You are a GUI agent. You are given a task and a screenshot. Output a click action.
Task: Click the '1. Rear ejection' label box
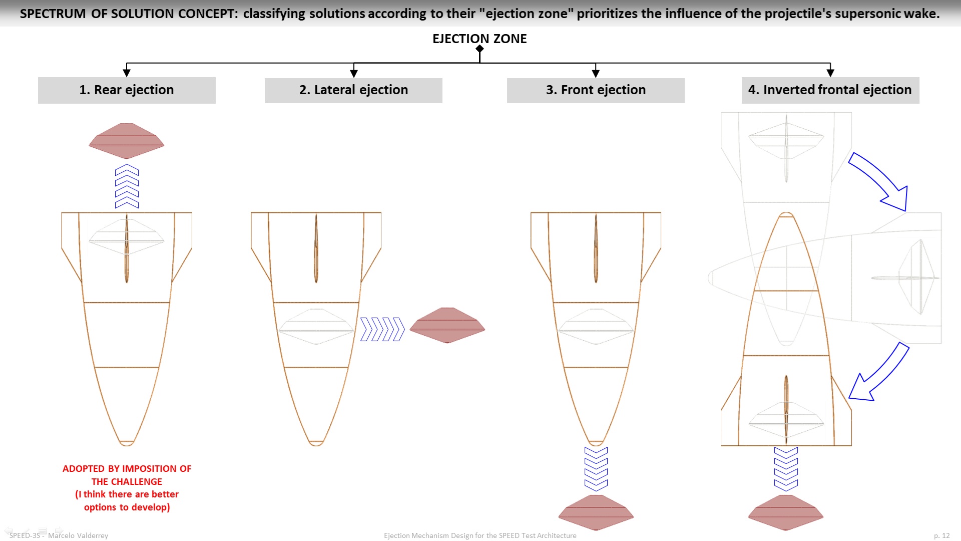point(127,90)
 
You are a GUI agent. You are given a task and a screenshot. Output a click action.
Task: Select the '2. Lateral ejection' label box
point(353,90)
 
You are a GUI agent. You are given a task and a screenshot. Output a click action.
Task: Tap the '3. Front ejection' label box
point(596,90)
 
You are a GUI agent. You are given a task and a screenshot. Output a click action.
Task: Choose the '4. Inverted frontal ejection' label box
point(830,90)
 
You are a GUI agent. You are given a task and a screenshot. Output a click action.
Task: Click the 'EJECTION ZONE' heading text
point(479,39)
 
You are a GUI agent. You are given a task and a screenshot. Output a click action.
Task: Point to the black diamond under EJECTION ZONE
point(479,49)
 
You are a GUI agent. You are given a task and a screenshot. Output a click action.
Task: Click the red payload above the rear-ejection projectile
point(127,141)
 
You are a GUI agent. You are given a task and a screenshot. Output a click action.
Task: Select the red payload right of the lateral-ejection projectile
point(447,325)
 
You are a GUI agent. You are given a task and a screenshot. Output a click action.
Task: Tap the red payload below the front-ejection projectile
point(596,512)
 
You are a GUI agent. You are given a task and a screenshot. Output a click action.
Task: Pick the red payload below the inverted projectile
point(786,512)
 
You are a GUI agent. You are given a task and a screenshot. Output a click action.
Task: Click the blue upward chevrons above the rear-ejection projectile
point(127,186)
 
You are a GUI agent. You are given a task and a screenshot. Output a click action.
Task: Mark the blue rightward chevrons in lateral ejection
point(382,329)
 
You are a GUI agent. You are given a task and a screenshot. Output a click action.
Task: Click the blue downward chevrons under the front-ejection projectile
point(596,469)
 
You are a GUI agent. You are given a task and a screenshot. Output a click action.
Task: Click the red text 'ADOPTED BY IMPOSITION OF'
point(127,469)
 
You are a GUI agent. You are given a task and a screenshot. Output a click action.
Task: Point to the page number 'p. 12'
point(941,535)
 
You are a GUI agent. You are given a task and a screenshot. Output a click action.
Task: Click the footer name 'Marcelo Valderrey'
point(78,535)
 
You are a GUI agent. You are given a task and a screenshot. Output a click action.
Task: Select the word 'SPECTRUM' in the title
point(53,14)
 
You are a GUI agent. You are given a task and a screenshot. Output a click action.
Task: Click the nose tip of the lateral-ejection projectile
point(316,445)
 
